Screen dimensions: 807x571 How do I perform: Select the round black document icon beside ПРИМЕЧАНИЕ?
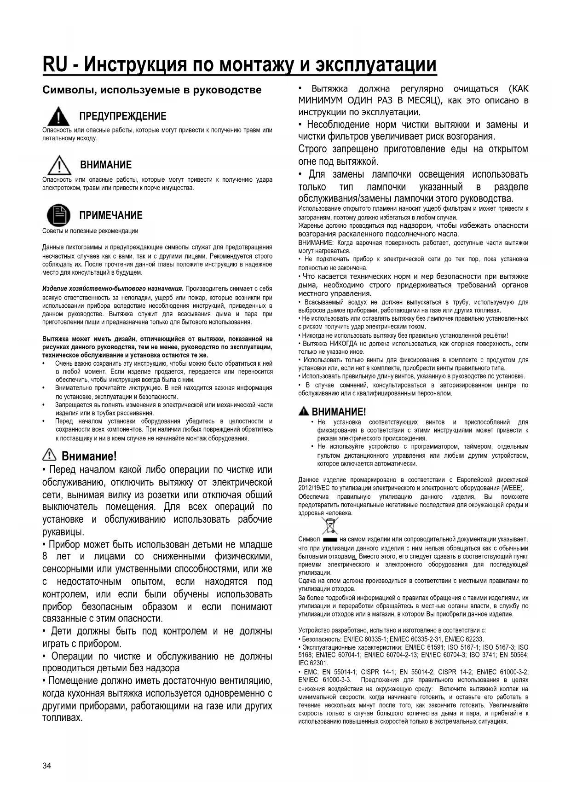pyautogui.click(x=58, y=215)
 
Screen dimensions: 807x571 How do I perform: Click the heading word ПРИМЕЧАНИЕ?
pyautogui.click(x=111, y=215)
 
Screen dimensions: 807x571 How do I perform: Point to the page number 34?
pyautogui.click(x=47, y=766)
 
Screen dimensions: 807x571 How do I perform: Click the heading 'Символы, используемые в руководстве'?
pyautogui.click(x=152, y=90)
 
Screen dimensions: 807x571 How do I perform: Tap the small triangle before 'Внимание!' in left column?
pyautogui.click(x=49, y=455)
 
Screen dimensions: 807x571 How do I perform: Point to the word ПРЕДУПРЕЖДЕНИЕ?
pyautogui.click(x=123, y=116)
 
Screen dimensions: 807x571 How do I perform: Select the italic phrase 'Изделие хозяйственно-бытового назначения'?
pyautogui.click(x=113, y=288)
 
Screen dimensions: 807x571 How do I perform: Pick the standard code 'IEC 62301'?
pyautogui.click(x=313, y=663)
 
